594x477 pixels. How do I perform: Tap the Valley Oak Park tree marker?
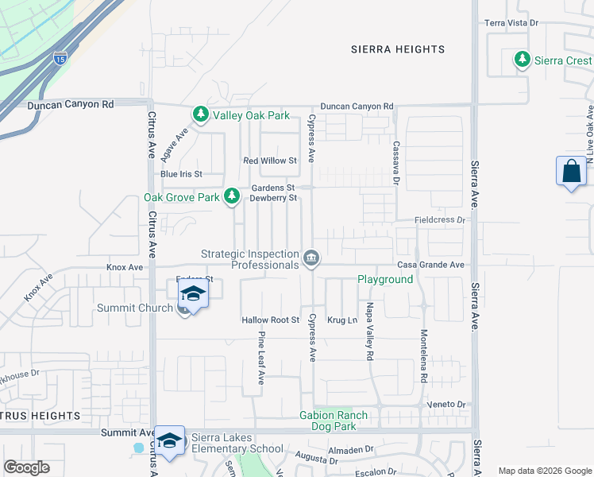[x=201, y=115]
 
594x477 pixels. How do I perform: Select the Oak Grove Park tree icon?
[x=232, y=195]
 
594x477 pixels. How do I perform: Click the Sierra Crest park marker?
[x=522, y=60]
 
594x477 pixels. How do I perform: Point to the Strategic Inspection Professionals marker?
[x=310, y=258]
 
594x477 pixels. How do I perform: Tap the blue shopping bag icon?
[x=571, y=172]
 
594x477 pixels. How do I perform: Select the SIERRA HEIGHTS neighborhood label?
[x=398, y=49]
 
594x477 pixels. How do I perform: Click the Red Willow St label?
[x=269, y=161]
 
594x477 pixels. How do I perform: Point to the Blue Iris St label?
[x=181, y=174]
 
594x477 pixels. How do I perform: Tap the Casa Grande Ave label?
[x=430, y=265]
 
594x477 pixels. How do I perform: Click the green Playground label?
[x=385, y=280]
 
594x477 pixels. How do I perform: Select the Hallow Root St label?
[x=269, y=320]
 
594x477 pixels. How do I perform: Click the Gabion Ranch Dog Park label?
[x=334, y=421]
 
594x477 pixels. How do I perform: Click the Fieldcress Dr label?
[x=438, y=219]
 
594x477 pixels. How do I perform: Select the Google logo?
[x=26, y=467]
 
